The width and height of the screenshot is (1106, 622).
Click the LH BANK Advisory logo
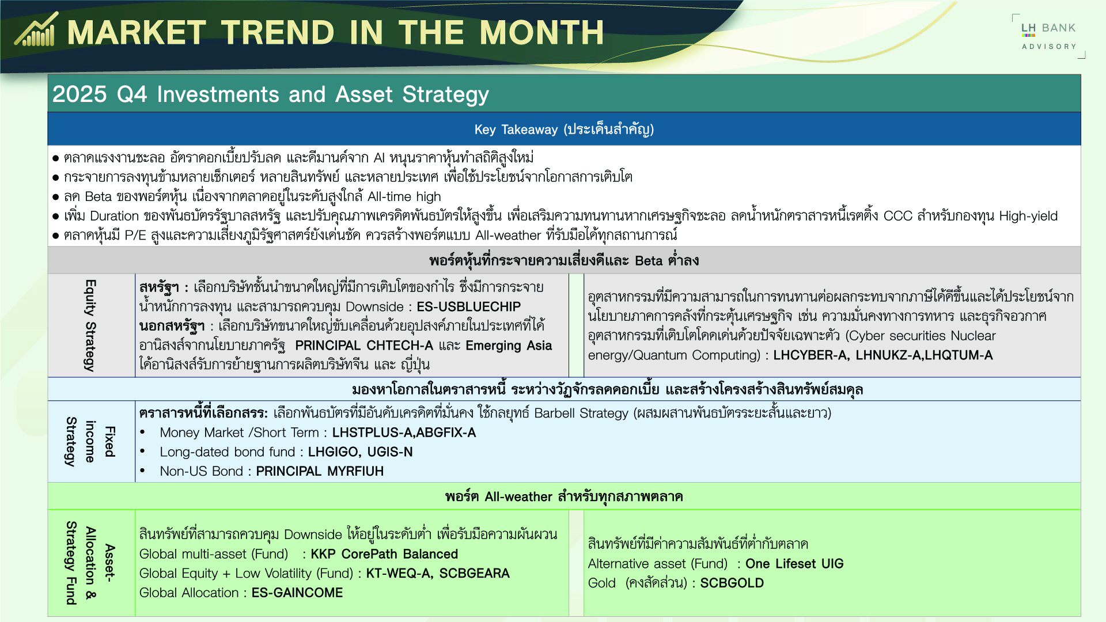(x=1048, y=36)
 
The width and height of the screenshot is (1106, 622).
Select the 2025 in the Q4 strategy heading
(x=79, y=94)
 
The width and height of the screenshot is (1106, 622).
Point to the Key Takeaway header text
(x=563, y=129)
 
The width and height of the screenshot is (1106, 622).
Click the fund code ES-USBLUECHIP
(x=468, y=306)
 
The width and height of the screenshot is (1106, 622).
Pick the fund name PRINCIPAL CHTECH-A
(x=364, y=345)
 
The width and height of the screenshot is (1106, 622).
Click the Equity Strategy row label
(x=90, y=325)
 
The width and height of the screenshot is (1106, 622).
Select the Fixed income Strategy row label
(x=90, y=442)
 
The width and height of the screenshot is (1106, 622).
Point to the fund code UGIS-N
(x=390, y=452)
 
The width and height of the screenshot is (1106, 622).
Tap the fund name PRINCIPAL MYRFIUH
(x=320, y=471)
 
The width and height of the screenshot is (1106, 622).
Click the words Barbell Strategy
(x=581, y=413)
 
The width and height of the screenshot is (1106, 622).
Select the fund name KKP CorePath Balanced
(x=384, y=554)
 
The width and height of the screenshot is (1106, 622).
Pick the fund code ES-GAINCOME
(x=297, y=593)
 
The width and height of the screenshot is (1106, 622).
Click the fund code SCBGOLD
(x=732, y=583)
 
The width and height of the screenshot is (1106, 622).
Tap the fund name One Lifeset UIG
(x=794, y=564)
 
